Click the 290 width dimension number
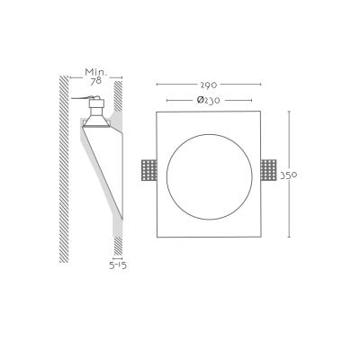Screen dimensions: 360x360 [x=209, y=85]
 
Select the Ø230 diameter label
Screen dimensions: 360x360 [x=209, y=100]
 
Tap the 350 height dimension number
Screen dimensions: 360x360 [x=289, y=175]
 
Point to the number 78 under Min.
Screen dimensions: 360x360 [x=96, y=81]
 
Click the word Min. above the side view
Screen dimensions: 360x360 [x=96, y=72]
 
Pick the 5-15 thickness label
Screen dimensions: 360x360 [x=118, y=265]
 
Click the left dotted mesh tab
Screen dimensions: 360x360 [x=148, y=170]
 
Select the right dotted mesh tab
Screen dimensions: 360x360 [x=268, y=170]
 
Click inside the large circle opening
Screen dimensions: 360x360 [x=210, y=176]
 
